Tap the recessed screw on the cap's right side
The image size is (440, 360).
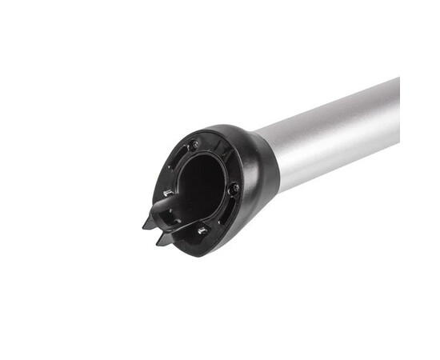tap(234, 189)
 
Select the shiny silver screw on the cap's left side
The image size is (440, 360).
tap(168, 192)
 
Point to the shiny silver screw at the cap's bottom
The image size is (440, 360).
tap(202, 230)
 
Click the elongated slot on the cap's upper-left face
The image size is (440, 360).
tap(177, 156)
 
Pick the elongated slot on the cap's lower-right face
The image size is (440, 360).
tap(228, 213)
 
